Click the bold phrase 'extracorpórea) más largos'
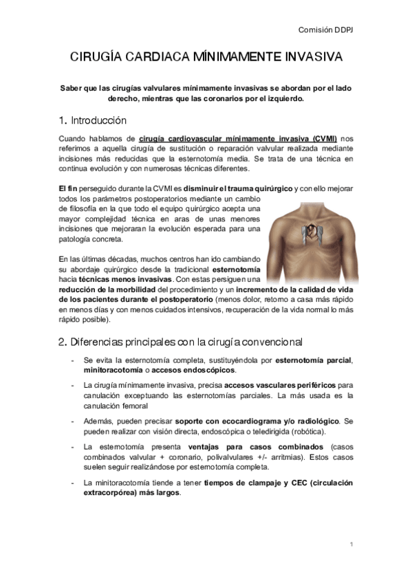pos(132,494)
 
